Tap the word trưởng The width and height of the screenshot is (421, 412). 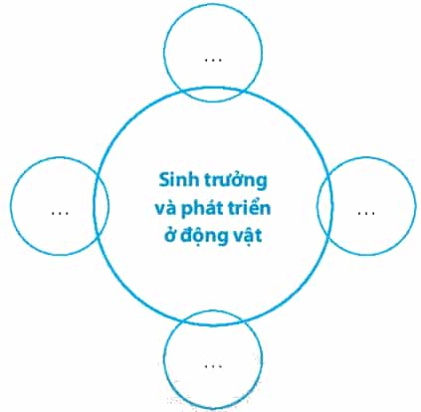tap(235, 181)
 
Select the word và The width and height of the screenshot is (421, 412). tap(165, 208)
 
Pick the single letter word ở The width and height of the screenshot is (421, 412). tap(169, 235)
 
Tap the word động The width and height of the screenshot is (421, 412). tap(202, 236)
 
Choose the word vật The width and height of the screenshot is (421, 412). tap(247, 237)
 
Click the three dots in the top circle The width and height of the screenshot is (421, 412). tap(213, 61)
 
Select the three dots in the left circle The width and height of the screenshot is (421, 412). tap(60, 213)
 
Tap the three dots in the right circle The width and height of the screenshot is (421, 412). tap(366, 213)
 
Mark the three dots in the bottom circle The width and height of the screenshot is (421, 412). tap(213, 366)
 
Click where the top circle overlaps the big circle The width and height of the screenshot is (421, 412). tap(212, 95)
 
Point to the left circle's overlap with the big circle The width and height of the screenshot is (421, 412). tap(101, 206)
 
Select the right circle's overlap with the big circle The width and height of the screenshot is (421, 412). tap(324, 206)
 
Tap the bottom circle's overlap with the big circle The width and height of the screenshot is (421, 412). tap(212, 317)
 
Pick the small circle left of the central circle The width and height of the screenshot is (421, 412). tap(11, 206)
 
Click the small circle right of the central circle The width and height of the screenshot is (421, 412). tap(415, 206)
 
